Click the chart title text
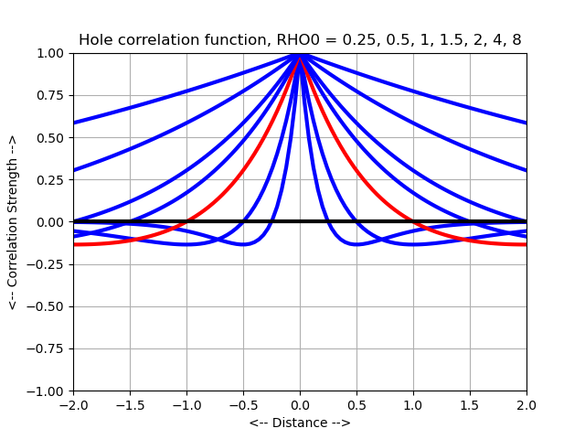pos(300,40)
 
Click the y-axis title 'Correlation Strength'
pos(13,222)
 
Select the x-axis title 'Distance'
pos(300,423)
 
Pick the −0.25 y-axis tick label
pos(49,264)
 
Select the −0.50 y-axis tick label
pos(49,306)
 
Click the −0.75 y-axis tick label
pos(49,348)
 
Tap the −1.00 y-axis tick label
pos(49,391)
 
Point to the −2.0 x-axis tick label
pos(73,404)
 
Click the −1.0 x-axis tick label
pos(186,404)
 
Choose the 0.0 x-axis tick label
pos(300,404)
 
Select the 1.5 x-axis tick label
pos(470,404)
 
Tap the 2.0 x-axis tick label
pos(526,404)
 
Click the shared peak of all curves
pos(300,55)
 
